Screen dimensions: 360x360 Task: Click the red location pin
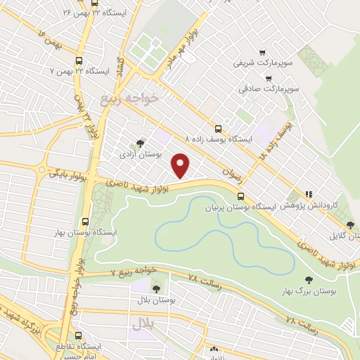pyautogui.click(x=181, y=165)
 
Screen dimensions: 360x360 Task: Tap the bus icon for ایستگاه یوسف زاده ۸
pyautogui.click(x=219, y=129)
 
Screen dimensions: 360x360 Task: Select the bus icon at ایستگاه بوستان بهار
pyautogui.click(x=86, y=220)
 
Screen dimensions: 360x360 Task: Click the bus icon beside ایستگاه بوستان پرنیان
pyautogui.click(x=239, y=196)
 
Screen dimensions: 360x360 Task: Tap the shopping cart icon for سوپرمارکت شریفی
pyautogui.click(x=262, y=51)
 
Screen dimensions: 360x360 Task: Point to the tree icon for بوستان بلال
pyautogui.click(x=155, y=288)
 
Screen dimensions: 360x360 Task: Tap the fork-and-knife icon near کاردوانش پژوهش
pyautogui.click(x=308, y=195)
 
